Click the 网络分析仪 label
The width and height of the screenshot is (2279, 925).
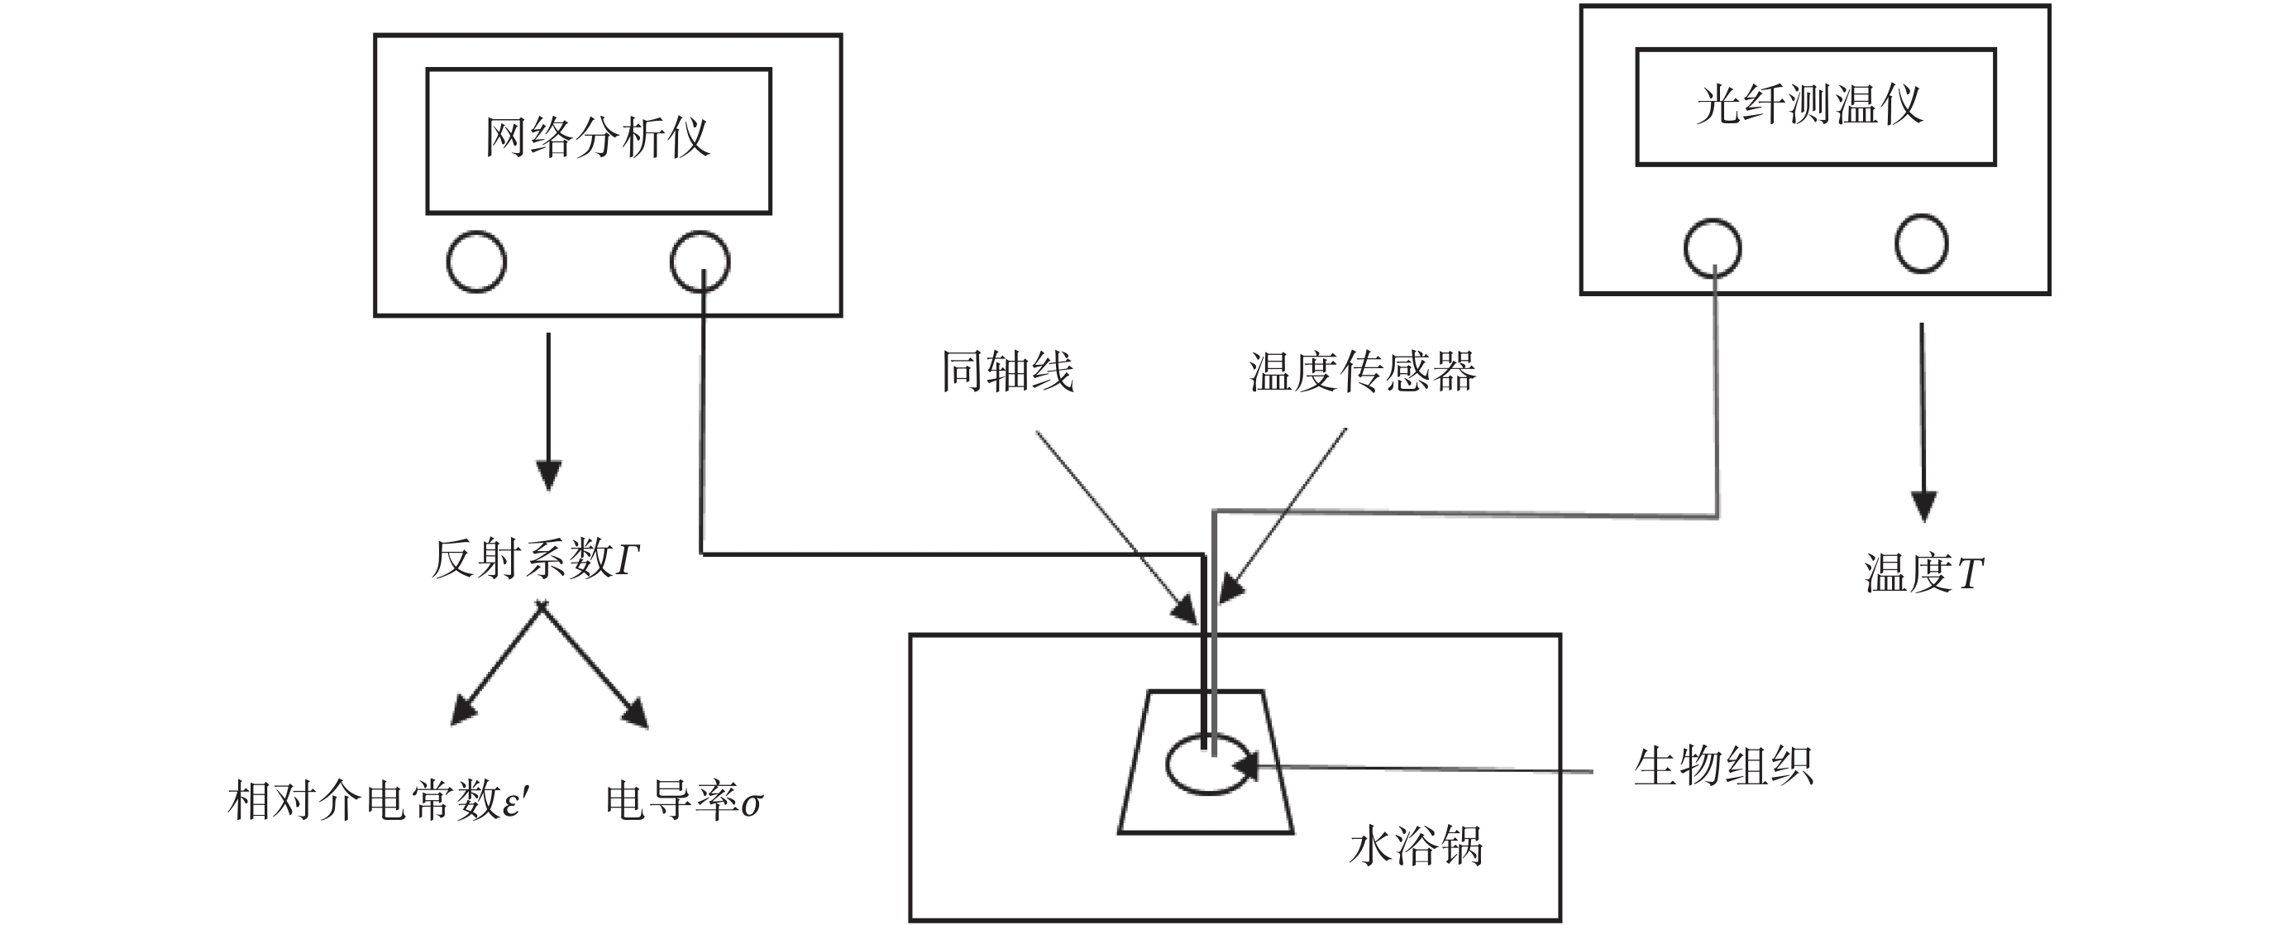(x=597, y=138)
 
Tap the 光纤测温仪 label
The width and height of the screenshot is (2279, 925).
(x=1809, y=105)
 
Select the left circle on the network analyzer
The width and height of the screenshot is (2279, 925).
(x=476, y=261)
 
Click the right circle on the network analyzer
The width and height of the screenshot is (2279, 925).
(x=700, y=261)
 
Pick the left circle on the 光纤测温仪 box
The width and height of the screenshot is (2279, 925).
(x=1712, y=248)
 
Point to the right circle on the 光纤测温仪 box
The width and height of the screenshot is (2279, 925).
(x=1921, y=242)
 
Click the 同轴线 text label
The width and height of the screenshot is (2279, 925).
(x=1007, y=371)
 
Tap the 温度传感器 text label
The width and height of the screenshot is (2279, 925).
(x=1363, y=371)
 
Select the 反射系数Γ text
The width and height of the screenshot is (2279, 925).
(x=535, y=559)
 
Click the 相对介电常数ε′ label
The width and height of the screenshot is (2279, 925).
(x=379, y=801)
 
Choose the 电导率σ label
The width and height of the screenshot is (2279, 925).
(x=683, y=802)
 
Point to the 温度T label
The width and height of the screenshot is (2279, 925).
(x=1923, y=573)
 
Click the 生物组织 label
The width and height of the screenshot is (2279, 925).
(x=1723, y=765)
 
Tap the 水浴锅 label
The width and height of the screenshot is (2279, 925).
(x=1416, y=846)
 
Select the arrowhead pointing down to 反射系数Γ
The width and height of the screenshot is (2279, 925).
(x=548, y=476)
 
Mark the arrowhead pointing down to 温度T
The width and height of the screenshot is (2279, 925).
(x=1923, y=506)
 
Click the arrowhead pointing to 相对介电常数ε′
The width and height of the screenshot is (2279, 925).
(x=463, y=711)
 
